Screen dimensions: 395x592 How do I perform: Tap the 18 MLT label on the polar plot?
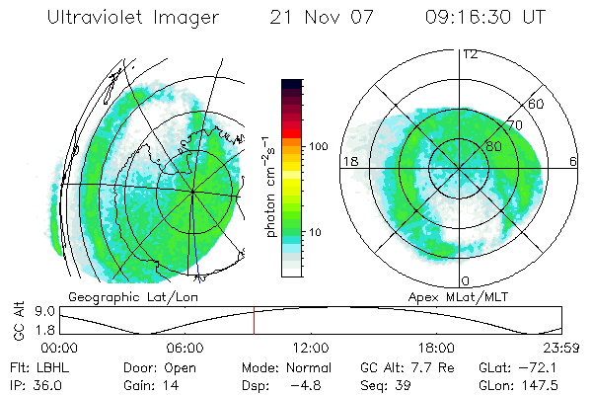click(349, 160)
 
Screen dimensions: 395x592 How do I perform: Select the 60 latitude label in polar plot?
click(537, 104)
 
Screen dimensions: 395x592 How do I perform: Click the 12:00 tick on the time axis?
click(311, 348)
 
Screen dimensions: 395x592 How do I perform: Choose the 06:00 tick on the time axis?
click(185, 348)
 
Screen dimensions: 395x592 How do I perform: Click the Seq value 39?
click(402, 384)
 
